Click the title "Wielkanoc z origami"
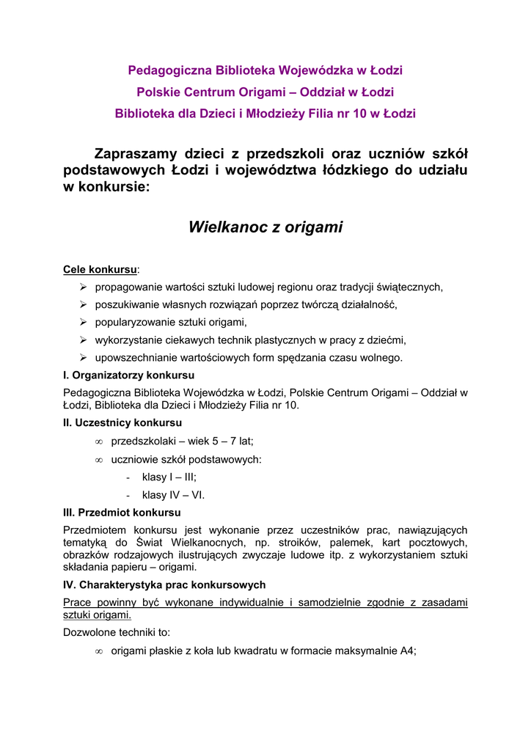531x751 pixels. point(265,227)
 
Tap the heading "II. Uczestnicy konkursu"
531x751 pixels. point(122,423)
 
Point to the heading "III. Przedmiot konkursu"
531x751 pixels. point(122,513)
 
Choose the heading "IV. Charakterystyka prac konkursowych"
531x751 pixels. point(164,585)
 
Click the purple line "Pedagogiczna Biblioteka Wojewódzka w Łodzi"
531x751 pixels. point(265,70)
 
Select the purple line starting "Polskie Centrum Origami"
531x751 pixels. point(265,92)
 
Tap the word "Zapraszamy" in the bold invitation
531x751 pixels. point(136,154)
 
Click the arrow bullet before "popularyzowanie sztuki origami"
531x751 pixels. point(84,323)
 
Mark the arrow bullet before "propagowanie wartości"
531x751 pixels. point(84,287)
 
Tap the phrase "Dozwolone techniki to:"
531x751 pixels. point(117,631)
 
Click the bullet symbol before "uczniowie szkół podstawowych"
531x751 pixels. point(99,460)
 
